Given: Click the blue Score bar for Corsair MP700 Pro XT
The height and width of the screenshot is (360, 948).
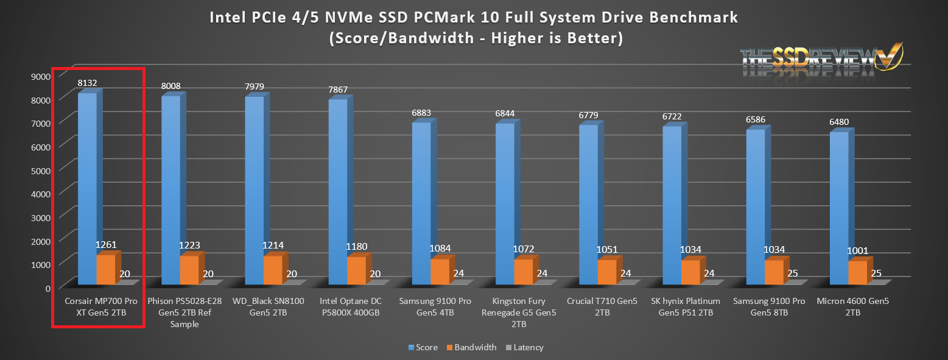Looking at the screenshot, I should [87, 189].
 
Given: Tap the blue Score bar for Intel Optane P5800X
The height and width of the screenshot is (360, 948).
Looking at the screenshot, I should [338, 192].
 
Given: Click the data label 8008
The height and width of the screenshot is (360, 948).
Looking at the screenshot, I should [170, 86].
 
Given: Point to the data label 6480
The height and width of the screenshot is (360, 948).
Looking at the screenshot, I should [838, 122].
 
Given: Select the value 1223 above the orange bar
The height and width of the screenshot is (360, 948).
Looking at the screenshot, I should [189, 245].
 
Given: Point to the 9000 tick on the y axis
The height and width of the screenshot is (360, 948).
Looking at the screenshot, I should [41, 76].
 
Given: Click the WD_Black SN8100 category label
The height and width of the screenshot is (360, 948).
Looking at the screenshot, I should [269, 307].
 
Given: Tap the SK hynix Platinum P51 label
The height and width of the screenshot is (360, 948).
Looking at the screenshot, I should [686, 307].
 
